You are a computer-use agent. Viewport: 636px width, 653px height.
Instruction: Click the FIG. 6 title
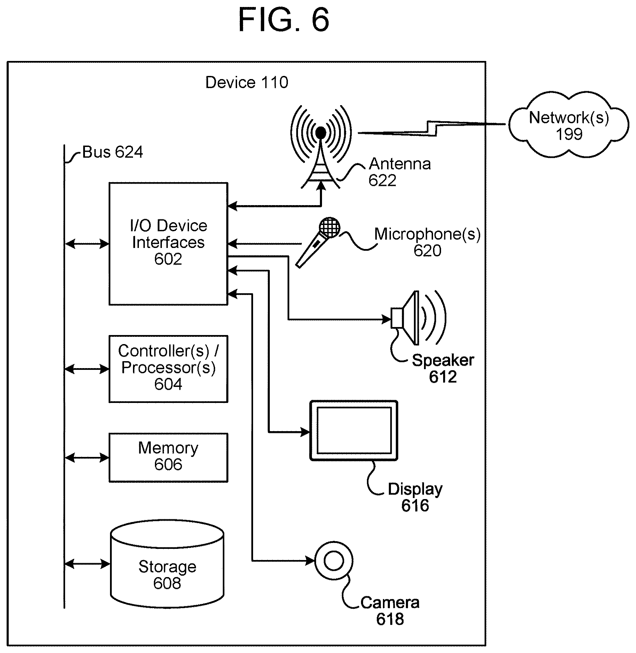pyautogui.click(x=283, y=20)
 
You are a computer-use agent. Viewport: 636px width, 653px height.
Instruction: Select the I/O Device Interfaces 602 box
pyautogui.click(x=168, y=244)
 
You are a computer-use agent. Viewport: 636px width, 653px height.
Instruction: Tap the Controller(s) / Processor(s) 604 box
pyautogui.click(x=168, y=369)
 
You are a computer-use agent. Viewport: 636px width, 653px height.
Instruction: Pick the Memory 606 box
pyautogui.click(x=168, y=458)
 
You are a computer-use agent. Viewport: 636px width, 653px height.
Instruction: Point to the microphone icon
pyautogui.click(x=317, y=242)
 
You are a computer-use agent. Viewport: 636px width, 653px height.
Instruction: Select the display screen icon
pyautogui.click(x=354, y=430)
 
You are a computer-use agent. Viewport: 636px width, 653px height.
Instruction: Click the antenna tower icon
pyautogui.click(x=321, y=146)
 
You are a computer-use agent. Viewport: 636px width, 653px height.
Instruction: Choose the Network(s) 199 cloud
pyautogui.click(x=569, y=124)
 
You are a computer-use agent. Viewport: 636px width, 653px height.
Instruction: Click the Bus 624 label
pyautogui.click(x=112, y=152)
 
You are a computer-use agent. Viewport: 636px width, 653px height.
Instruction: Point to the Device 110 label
pyautogui.click(x=247, y=83)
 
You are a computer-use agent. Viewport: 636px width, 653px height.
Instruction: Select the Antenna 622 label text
pyautogui.click(x=400, y=172)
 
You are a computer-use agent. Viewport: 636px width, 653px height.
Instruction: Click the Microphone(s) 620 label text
pyautogui.click(x=427, y=242)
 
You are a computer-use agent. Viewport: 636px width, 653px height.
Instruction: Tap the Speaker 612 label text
pyautogui.click(x=443, y=368)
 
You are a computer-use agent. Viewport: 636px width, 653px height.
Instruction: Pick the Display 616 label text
pyautogui.click(x=415, y=497)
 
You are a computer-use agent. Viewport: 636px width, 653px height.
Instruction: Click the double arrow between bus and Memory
pyautogui.click(x=87, y=458)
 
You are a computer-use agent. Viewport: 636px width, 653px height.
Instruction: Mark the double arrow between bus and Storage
pyautogui.click(x=87, y=564)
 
